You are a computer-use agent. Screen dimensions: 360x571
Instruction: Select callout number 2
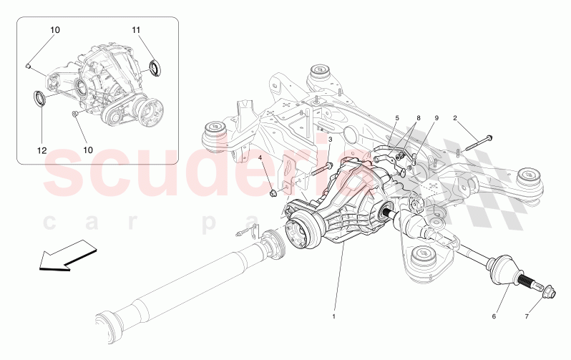click(454, 117)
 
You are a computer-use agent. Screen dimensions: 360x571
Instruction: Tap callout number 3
click(330, 140)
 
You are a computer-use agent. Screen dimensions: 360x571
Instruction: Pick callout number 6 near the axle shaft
click(494, 314)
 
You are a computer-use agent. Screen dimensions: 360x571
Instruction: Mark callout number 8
click(419, 117)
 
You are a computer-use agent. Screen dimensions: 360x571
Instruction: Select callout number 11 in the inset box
click(137, 29)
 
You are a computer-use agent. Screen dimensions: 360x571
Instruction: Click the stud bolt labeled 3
click(324, 171)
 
